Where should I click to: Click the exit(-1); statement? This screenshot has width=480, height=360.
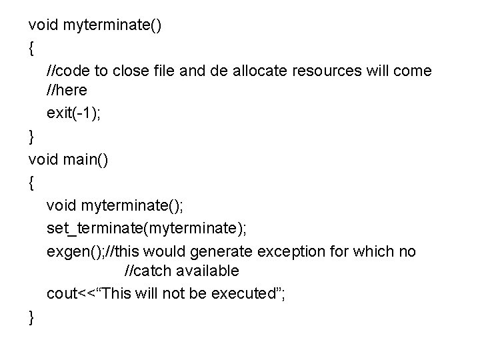point(73,113)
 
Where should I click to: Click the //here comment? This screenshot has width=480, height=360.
point(67,90)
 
